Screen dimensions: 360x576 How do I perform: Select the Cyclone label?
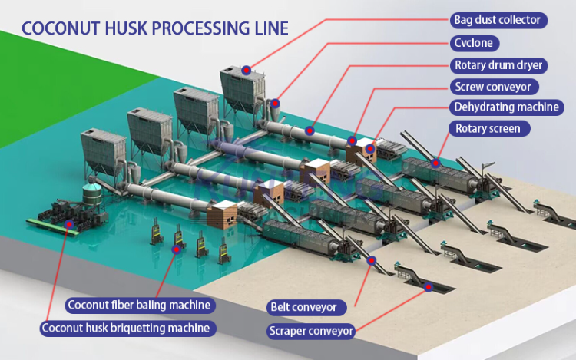474,43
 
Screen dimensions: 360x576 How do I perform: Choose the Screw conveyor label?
492,87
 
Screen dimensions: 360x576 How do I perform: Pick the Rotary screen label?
488,128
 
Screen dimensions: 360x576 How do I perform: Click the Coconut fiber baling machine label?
139,306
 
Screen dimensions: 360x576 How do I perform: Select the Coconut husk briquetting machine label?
126,329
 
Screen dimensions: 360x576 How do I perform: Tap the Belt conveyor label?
304,307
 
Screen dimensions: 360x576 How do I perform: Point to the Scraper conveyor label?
312,332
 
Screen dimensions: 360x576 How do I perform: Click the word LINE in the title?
270,28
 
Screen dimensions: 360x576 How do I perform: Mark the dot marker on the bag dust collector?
246,70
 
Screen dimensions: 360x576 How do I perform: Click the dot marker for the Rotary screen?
435,163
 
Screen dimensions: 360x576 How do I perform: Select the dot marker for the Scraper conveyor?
427,287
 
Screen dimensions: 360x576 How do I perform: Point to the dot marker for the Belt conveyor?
372,261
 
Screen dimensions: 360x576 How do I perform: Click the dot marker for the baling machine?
177,248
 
